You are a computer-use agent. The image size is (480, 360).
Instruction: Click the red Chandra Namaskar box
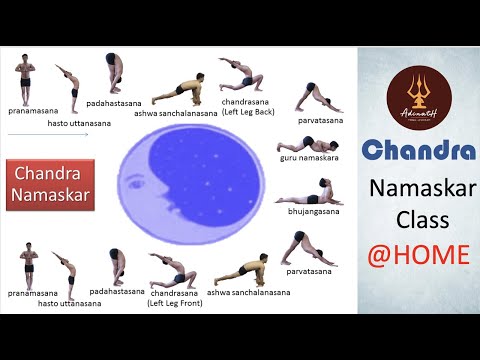pos(50,182)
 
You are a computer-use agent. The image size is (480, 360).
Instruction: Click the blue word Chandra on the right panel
pos(419,151)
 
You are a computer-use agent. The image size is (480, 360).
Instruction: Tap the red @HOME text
pos(419,255)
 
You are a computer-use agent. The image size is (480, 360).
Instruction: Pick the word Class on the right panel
pos(419,221)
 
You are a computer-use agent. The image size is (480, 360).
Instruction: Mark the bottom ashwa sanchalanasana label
pos(255,293)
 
